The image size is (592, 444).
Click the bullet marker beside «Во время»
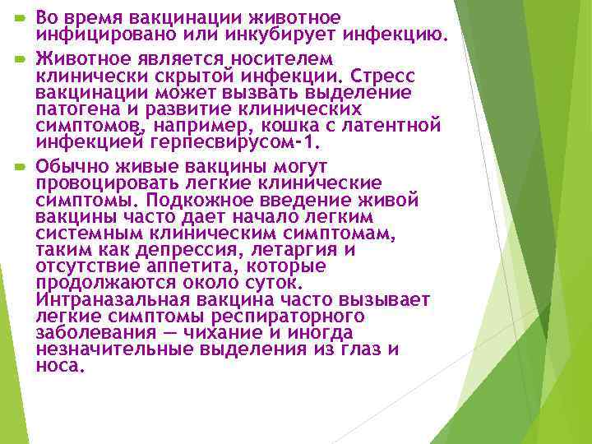(19, 16)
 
